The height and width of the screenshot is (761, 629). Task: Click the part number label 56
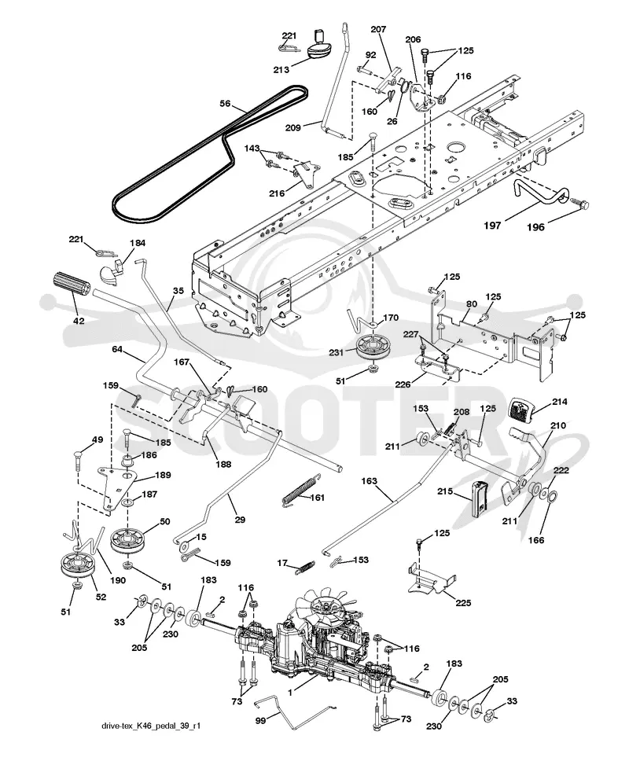(x=225, y=103)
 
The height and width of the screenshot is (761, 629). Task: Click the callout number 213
(x=281, y=69)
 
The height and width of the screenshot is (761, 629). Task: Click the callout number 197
(x=492, y=225)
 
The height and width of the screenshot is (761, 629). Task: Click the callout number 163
(x=370, y=481)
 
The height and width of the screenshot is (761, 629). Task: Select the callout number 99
(x=260, y=721)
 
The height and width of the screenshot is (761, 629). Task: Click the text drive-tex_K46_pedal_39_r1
(x=151, y=726)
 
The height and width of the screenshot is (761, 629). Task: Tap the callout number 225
(x=464, y=603)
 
